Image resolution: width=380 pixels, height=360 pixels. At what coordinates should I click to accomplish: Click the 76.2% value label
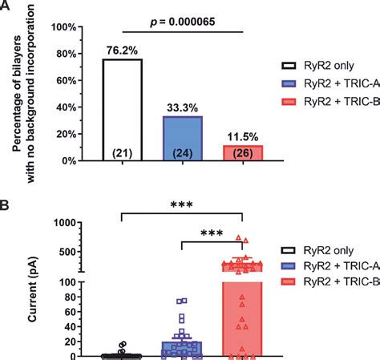pyautogui.click(x=122, y=51)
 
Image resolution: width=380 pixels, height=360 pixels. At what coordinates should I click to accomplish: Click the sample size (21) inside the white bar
pyautogui.click(x=122, y=153)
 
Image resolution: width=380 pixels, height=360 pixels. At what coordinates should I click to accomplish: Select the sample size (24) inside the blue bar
pyautogui.click(x=182, y=153)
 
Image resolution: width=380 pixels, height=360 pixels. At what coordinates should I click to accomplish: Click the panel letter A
pyautogui.click(x=7, y=7)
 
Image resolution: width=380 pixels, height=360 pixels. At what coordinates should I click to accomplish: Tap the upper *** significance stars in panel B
pyautogui.click(x=181, y=205)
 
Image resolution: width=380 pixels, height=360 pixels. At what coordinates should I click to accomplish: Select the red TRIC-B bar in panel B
pyautogui.click(x=242, y=313)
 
